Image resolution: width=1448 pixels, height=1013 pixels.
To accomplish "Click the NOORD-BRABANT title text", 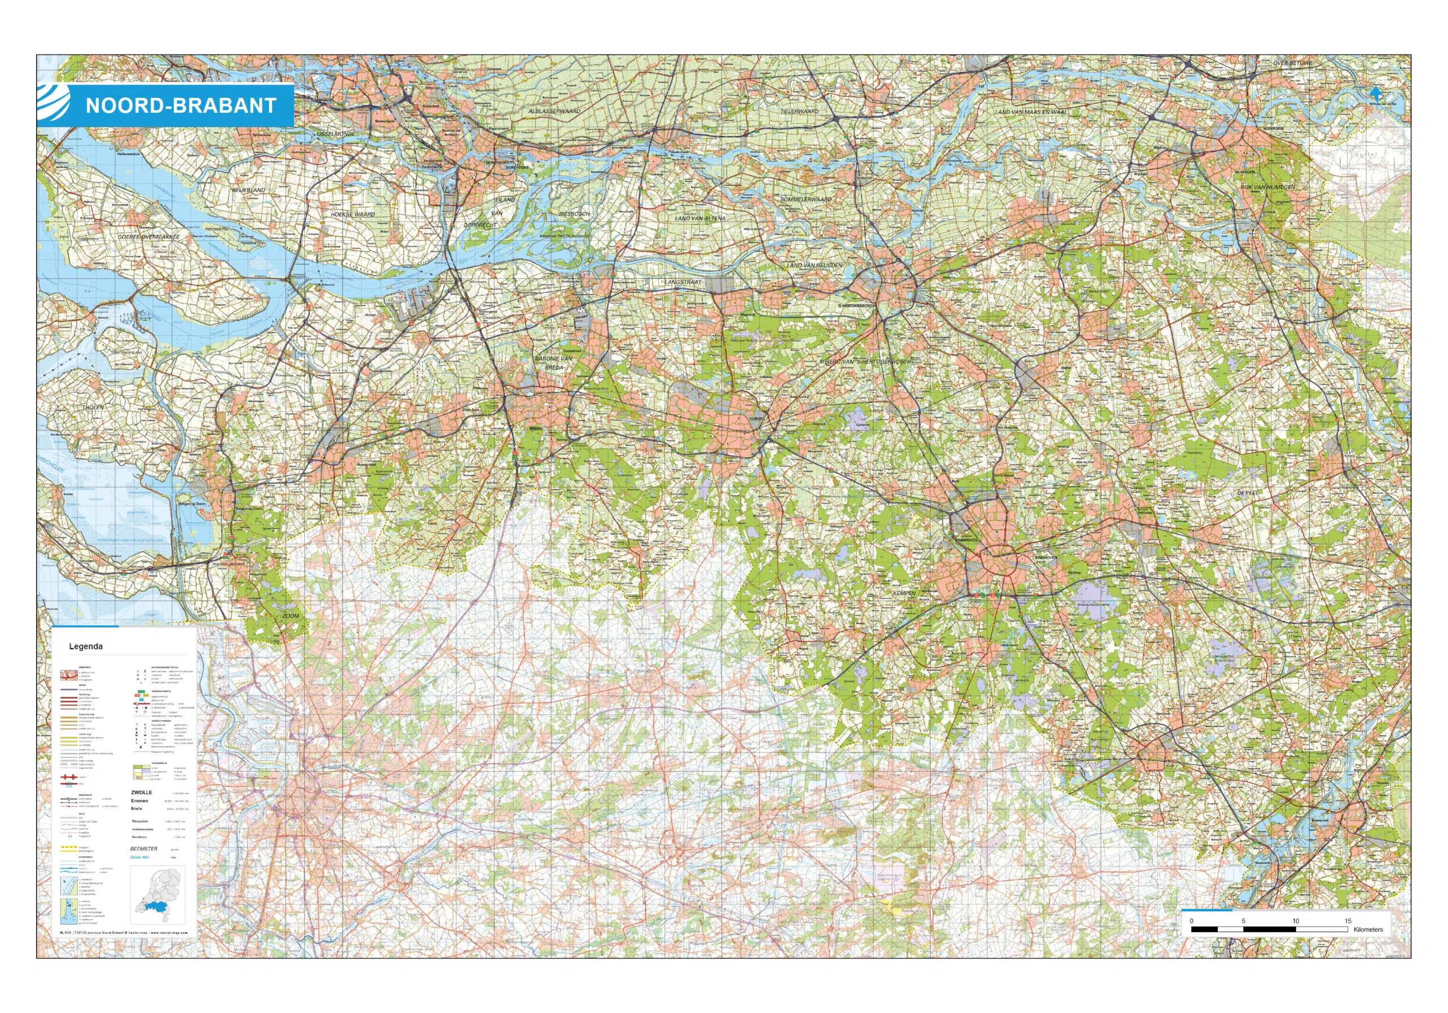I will click(180, 105).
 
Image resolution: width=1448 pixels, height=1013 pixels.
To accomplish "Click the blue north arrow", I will click(1376, 93).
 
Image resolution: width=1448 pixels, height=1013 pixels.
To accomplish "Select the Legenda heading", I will click(86, 646).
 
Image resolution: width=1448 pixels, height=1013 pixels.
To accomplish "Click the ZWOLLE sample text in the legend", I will click(141, 793).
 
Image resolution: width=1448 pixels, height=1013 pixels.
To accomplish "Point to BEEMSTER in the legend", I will click(144, 849).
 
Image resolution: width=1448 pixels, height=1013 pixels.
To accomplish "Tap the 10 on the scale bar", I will click(1295, 921).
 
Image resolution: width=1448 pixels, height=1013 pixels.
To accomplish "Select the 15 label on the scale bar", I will click(1348, 921).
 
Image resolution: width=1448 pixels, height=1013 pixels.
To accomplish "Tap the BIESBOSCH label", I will click(574, 214).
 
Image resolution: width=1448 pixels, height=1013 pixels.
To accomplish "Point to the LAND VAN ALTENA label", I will click(700, 218).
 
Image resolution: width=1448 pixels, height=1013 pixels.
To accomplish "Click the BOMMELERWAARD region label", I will click(805, 199).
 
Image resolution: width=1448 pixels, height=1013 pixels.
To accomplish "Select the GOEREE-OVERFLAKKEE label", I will click(149, 237).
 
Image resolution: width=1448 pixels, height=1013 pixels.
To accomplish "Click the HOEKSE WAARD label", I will click(352, 214).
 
